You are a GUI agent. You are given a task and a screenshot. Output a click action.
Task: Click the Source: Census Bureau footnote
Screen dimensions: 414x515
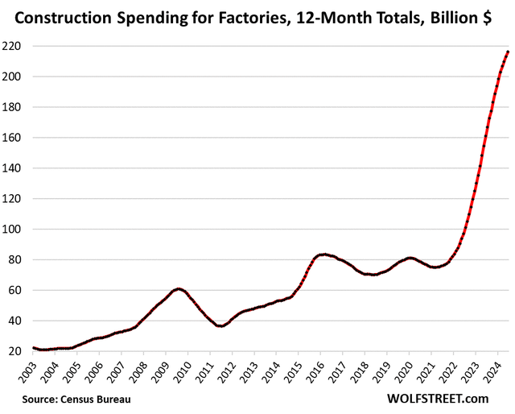[76, 399]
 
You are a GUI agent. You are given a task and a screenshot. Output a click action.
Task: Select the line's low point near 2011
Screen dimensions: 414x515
[221, 325]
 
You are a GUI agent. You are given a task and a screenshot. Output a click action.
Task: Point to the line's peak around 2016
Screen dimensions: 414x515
[323, 255]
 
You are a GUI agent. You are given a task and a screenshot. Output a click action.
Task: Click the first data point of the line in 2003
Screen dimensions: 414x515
[33, 348]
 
